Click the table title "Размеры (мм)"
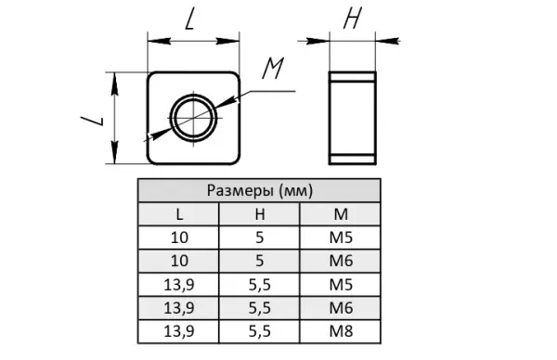click(260, 190)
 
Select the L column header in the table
click(179, 214)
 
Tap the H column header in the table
click(260, 214)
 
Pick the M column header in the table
click(341, 214)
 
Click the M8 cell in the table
click(341, 331)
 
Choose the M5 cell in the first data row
click(341, 238)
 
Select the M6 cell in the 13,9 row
click(341, 308)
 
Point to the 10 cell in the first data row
click(179, 238)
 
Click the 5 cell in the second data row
click(260, 261)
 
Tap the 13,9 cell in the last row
click(179, 331)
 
